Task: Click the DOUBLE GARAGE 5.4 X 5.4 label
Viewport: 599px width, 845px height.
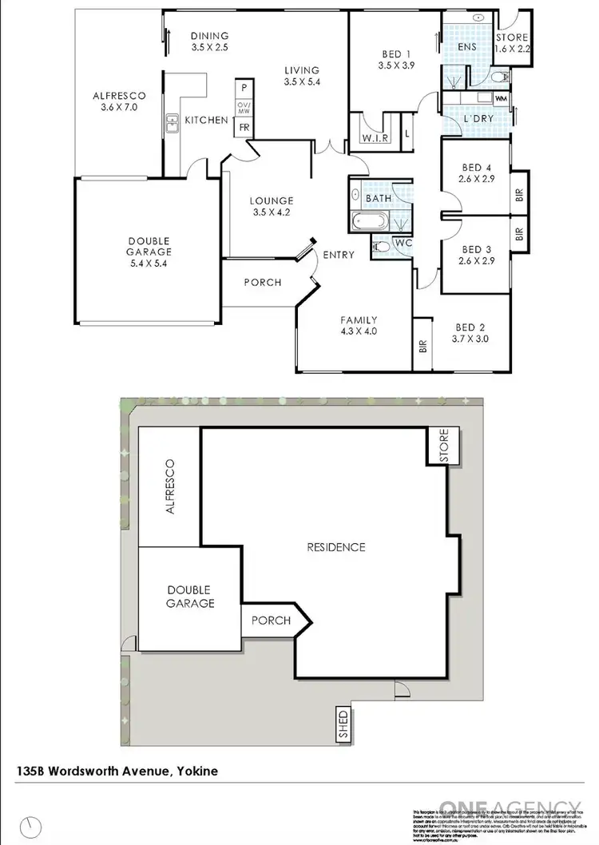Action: (148, 251)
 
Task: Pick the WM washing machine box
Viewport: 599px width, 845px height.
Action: (502, 98)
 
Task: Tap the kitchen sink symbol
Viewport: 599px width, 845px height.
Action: (172, 122)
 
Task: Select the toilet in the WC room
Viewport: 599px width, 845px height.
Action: (382, 248)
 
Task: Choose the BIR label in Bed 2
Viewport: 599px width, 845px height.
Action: (422, 347)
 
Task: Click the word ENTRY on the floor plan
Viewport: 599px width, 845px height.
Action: (339, 255)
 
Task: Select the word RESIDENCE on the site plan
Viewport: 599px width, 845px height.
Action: (336, 547)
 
